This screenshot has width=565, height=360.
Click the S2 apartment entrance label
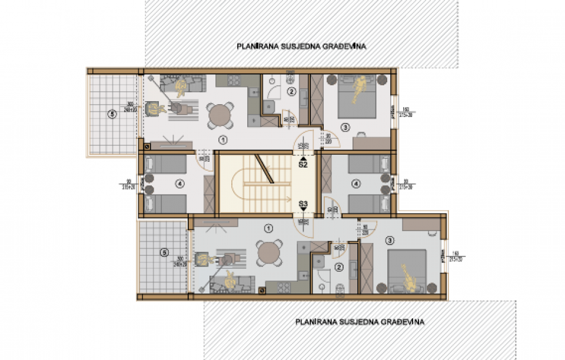[303, 165]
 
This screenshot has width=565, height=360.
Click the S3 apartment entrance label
[303, 205]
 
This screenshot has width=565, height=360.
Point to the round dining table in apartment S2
[219, 115]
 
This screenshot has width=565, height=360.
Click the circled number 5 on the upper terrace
[112, 114]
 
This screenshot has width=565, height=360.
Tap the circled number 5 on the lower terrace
[164, 253]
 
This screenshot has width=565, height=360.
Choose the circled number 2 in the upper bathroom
[290, 91]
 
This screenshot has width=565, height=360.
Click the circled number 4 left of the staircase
[180, 184]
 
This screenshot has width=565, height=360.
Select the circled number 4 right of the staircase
[355, 184]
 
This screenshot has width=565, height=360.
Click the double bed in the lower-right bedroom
[407, 270]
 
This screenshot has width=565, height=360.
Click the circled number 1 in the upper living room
[222, 140]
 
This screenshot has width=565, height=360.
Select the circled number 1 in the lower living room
[268, 227]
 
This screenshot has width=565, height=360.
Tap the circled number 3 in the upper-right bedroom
[345, 126]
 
